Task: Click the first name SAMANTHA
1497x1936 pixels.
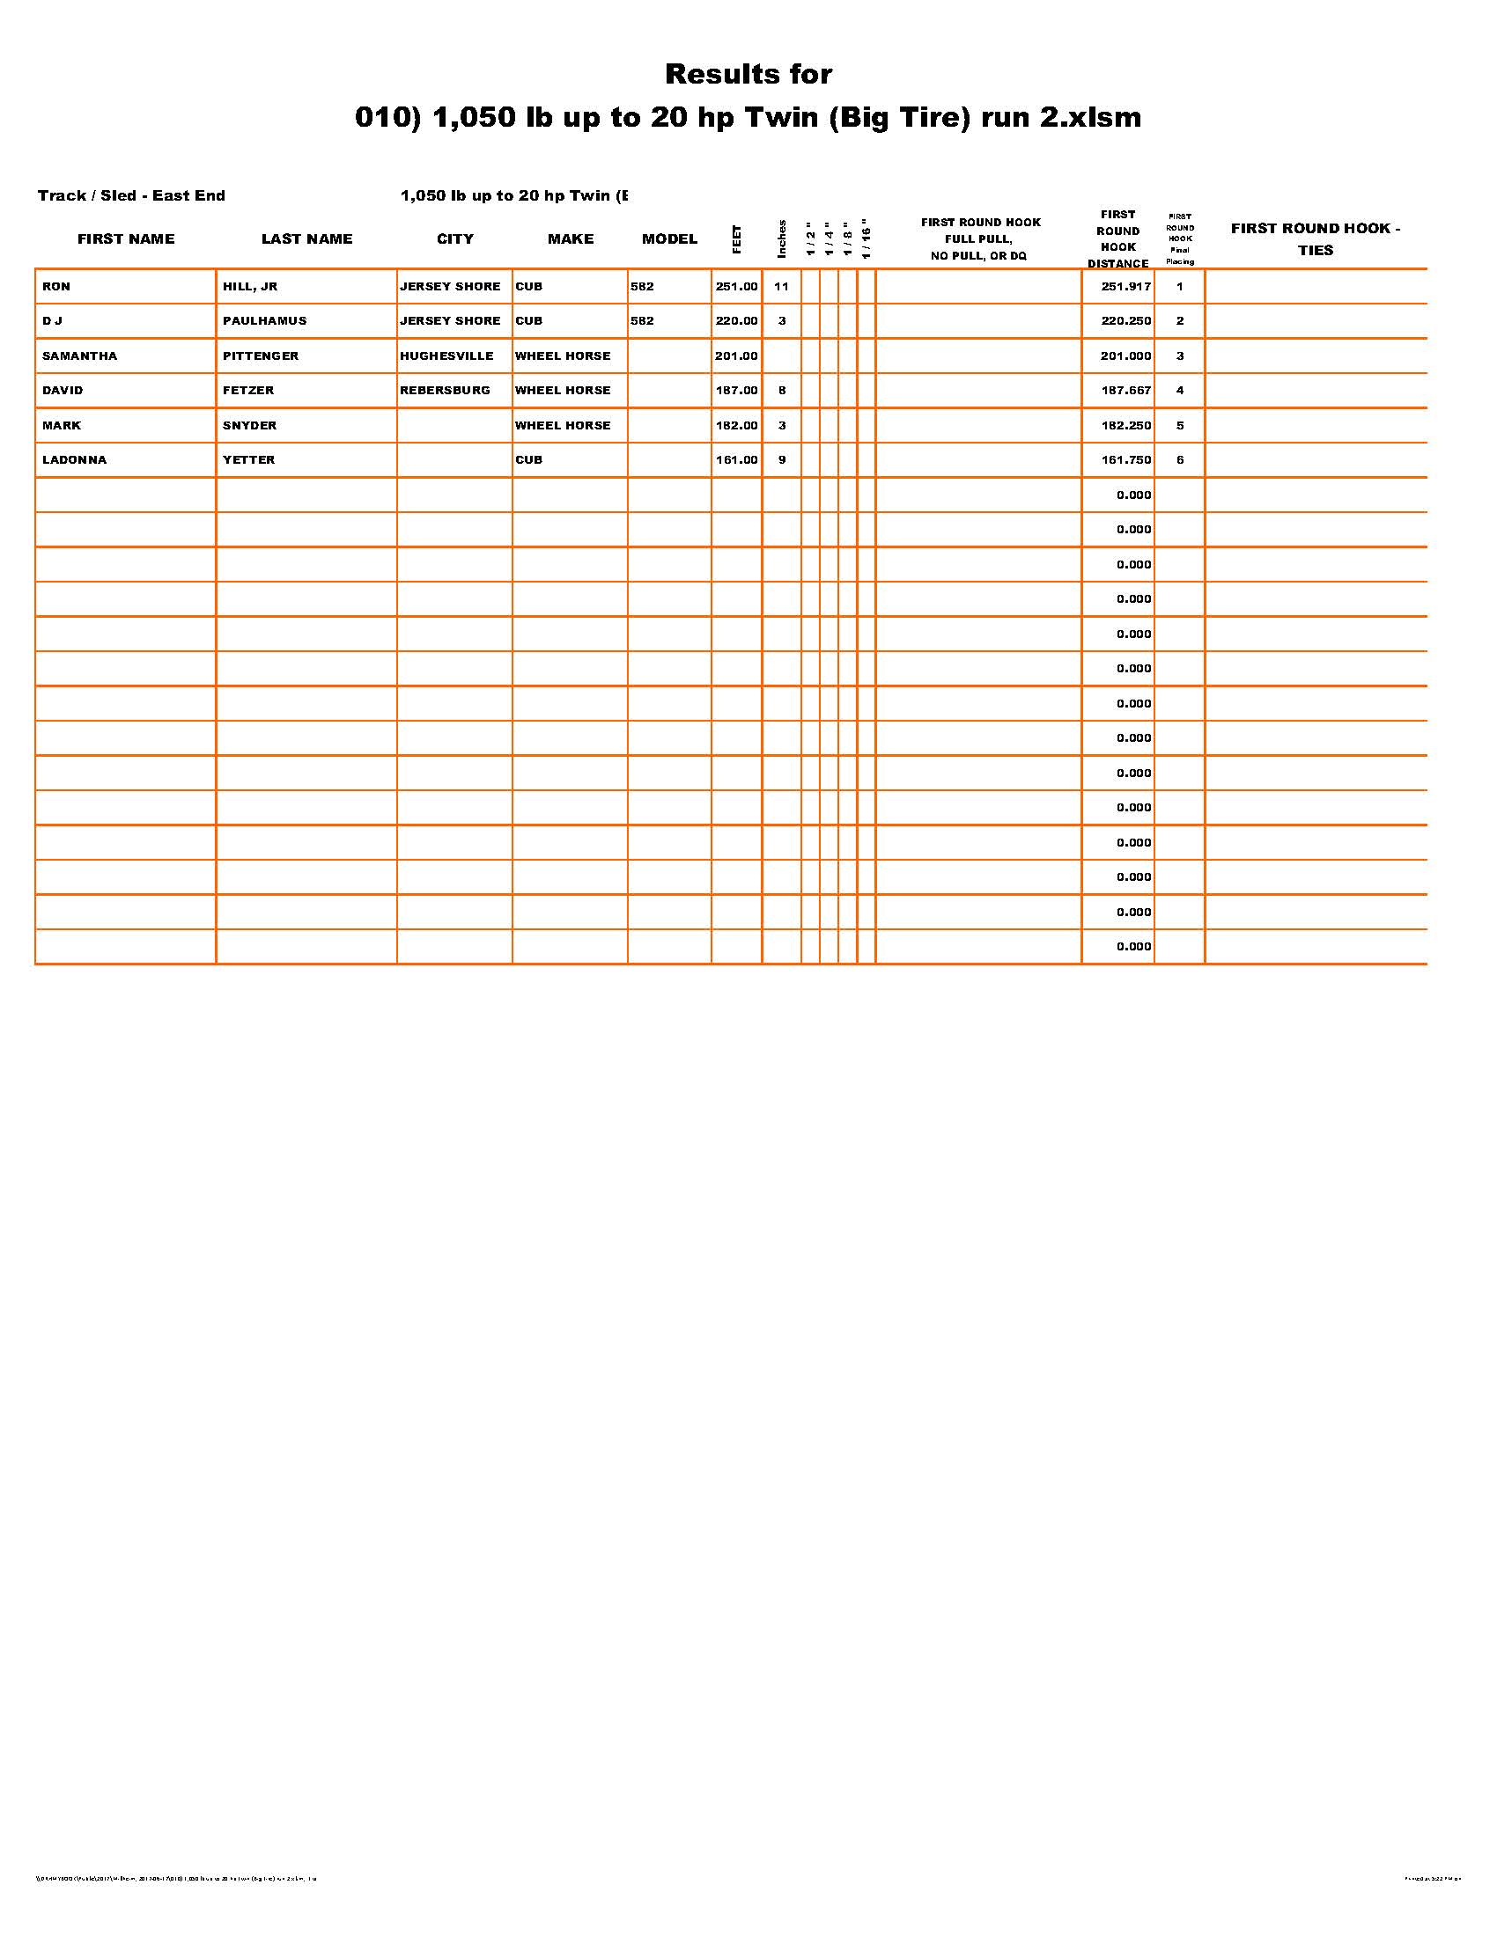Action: pos(80,356)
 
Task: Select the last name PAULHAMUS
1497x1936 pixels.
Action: pos(264,321)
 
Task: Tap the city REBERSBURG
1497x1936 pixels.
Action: pos(445,390)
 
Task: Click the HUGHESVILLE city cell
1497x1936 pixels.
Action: pos(446,356)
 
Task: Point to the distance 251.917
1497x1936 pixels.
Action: pos(1125,286)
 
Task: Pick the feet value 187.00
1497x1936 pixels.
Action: pos(736,390)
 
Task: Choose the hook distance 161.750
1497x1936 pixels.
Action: pos(1125,460)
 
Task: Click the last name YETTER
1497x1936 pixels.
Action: pos(248,460)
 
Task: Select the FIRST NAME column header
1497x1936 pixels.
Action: pos(126,238)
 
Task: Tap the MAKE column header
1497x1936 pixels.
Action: pos(571,238)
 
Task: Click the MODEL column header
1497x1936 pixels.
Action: pos(669,238)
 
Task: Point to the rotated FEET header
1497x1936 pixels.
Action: pos(736,239)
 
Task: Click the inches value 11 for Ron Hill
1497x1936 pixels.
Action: pos(781,286)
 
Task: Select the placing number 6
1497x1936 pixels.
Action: pos(1179,460)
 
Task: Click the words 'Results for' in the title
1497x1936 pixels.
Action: pos(748,74)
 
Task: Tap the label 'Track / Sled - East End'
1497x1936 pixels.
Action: pos(131,195)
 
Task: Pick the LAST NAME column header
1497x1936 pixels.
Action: pos(306,238)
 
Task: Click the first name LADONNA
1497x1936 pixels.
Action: pos(75,460)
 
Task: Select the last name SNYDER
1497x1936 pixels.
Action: pos(249,426)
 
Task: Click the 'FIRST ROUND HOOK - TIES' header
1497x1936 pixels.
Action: pos(1316,238)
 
